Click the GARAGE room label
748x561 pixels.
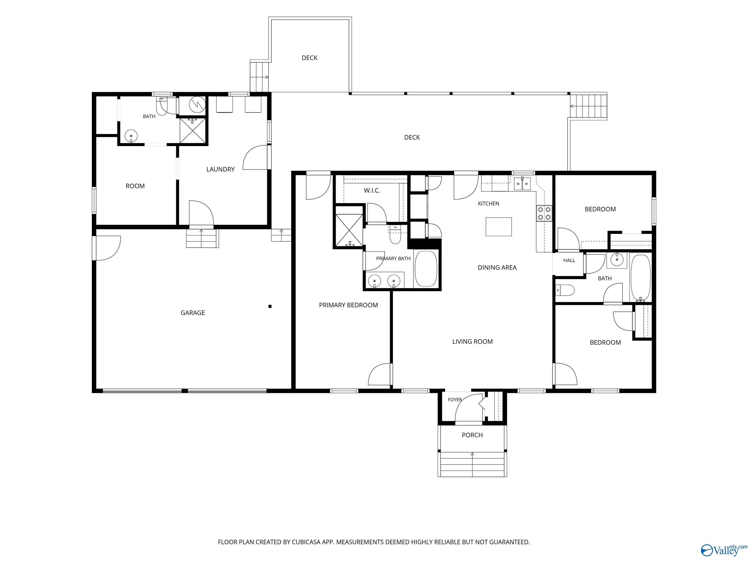(x=193, y=313)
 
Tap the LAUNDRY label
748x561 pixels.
(x=220, y=169)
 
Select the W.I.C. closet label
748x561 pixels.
(x=372, y=190)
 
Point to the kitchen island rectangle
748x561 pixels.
(x=499, y=226)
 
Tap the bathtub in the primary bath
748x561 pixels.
(x=426, y=269)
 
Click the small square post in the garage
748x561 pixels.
(x=270, y=306)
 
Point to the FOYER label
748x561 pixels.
(x=455, y=400)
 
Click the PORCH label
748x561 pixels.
(x=472, y=435)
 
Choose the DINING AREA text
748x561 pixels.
(x=497, y=268)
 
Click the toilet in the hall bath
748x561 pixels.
(x=565, y=290)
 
